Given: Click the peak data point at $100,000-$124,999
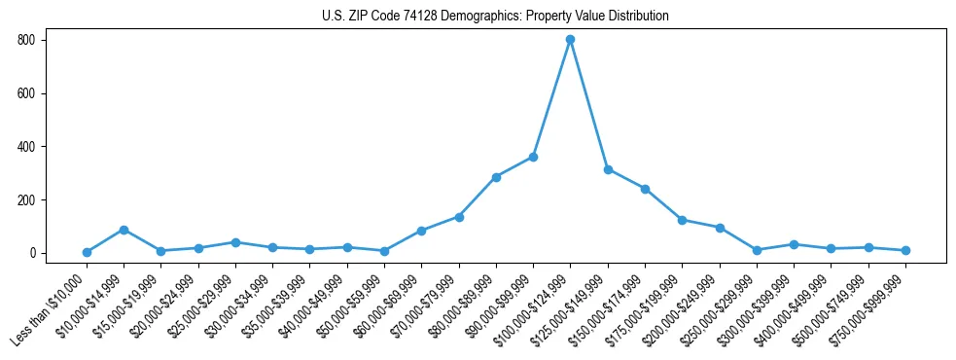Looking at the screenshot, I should click(570, 40).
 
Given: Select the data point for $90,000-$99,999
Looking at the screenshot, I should click(533, 157).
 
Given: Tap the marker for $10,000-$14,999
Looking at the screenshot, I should click(124, 230).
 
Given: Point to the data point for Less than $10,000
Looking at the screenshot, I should click(87, 252).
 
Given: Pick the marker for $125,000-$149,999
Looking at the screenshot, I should click(608, 169).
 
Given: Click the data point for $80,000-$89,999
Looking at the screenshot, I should click(496, 177).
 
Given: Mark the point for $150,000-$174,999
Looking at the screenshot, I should click(645, 189).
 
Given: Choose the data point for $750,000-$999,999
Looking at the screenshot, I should click(905, 250).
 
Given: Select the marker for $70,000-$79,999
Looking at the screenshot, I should click(459, 217).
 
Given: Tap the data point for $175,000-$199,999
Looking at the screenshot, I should click(682, 220).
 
